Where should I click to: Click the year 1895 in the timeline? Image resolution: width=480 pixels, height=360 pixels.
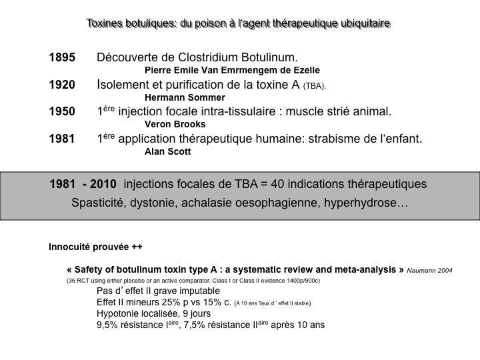click(62, 57)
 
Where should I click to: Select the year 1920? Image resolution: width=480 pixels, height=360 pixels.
click(62, 85)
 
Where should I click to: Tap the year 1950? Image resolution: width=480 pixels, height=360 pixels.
click(62, 111)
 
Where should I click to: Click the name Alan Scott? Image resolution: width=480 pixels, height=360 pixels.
click(167, 151)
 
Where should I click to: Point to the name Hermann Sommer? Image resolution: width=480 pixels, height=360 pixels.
click(185, 97)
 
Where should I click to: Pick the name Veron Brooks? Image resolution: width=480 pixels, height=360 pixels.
click(175, 124)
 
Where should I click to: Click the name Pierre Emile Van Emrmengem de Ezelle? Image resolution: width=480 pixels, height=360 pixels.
click(232, 70)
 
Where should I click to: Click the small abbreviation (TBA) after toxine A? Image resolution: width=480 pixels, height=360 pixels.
click(315, 86)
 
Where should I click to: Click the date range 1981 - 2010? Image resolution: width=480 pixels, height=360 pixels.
click(83, 184)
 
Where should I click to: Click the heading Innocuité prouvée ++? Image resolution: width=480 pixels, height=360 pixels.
click(95, 247)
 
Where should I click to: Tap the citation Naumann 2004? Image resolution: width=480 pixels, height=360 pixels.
click(430, 270)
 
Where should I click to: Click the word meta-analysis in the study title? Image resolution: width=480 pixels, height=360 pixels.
click(365, 269)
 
